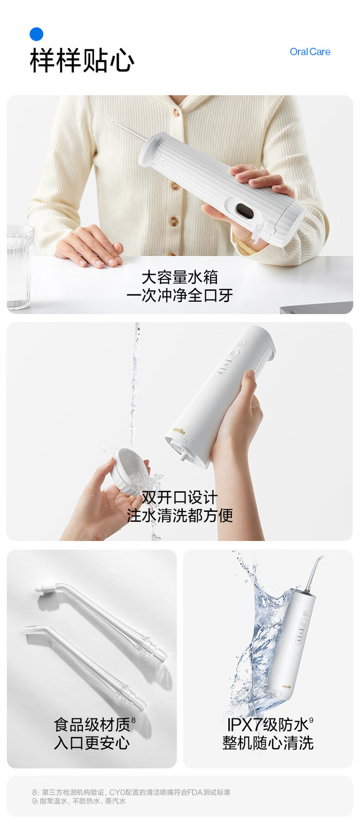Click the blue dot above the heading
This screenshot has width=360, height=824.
(x=36, y=34)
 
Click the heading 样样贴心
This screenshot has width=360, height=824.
(x=82, y=60)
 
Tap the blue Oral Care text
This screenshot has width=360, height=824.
(x=310, y=52)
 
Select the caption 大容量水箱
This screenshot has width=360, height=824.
(x=180, y=277)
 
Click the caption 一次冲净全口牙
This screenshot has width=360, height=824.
(x=180, y=295)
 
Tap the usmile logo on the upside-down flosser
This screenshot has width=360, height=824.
(x=179, y=430)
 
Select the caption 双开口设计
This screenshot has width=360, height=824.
(x=180, y=498)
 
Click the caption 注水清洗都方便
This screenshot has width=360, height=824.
(x=180, y=515)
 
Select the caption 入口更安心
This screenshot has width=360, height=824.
(x=92, y=743)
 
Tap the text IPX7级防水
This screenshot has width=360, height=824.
(x=268, y=725)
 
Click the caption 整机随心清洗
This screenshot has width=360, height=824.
(x=268, y=743)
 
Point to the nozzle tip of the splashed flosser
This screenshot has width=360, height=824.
(x=322, y=557)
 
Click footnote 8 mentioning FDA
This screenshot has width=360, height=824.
(x=131, y=792)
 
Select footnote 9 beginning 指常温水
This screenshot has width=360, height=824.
(x=79, y=801)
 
